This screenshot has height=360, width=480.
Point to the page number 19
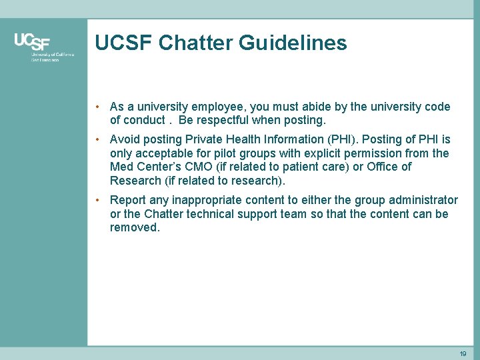tap(463, 354)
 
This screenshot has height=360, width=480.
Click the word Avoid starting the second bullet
tap(125, 139)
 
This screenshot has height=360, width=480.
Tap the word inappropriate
tap(212, 200)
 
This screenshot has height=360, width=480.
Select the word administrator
tap(424, 200)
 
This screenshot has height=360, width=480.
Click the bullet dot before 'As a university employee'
tap(97, 107)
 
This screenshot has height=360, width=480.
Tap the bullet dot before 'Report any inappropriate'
tap(97, 200)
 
